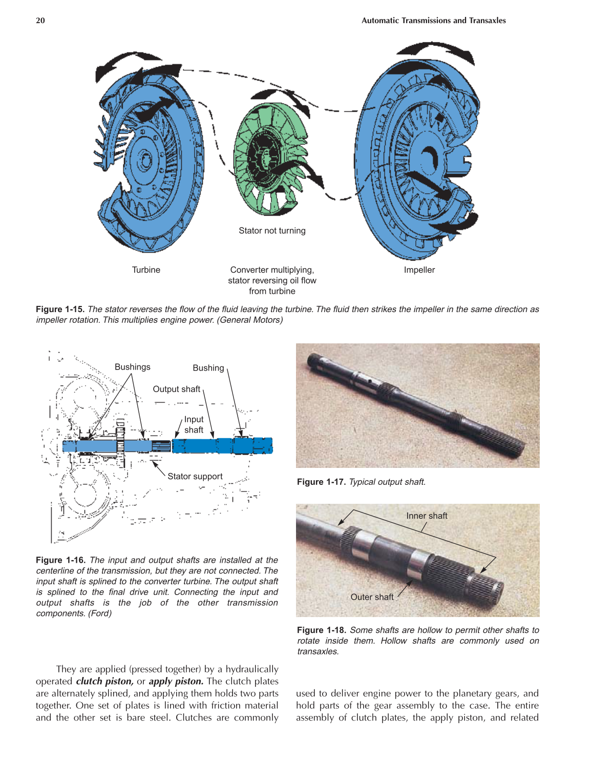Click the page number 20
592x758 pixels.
click(40, 21)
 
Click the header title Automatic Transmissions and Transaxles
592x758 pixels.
click(433, 21)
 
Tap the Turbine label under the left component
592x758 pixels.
click(146, 270)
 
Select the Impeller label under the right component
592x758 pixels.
click(419, 270)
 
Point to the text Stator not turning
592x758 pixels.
click(272, 231)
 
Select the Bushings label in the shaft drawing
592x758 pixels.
click(132, 367)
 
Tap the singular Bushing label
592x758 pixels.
click(208, 368)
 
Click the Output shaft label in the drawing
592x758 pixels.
click(176, 389)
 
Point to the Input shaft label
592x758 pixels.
click(194, 425)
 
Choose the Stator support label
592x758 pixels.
click(195, 476)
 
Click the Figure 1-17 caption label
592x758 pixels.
click(321, 482)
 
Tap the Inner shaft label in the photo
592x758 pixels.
click(427, 516)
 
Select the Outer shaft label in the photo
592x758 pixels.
click(372, 597)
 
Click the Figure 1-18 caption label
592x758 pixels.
click(321, 630)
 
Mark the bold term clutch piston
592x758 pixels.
click(104, 681)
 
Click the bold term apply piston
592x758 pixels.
click(176, 681)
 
